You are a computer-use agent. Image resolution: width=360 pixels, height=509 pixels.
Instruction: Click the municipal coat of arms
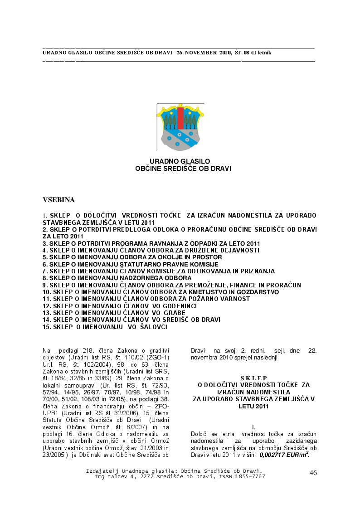[x=180, y=127]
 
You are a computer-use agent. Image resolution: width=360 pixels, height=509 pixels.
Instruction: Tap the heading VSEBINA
[x=58, y=199]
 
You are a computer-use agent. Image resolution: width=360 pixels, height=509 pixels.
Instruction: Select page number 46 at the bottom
[x=313, y=473]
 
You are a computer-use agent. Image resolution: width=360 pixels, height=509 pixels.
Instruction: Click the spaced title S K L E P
[x=253, y=378]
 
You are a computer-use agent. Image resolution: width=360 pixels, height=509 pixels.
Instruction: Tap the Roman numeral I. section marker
[x=254, y=427]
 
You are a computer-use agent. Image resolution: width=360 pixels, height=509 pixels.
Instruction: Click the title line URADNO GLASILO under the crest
[x=180, y=161]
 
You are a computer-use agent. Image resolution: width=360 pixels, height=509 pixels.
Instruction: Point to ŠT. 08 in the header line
[x=243, y=53]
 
